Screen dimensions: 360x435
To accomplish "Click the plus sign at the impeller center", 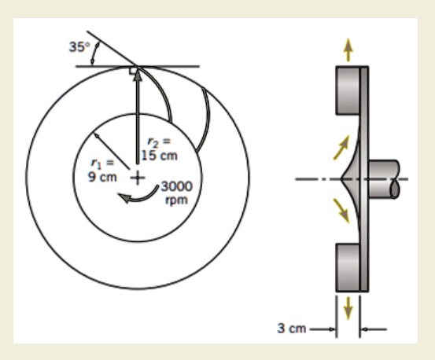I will pos(138,178).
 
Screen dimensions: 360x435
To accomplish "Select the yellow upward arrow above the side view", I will pos(348,48).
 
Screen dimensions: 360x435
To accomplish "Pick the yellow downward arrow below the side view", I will pos(348,310).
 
